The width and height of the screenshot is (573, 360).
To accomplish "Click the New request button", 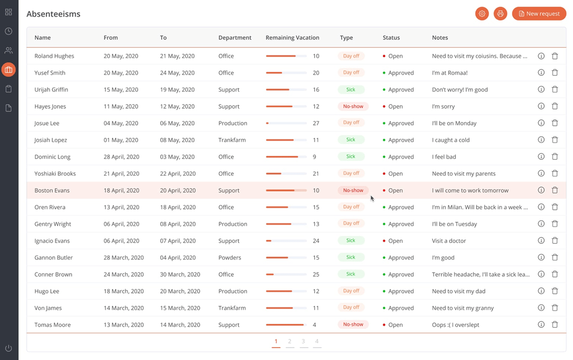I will [539, 14].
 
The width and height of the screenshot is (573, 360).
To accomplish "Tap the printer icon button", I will [500, 14].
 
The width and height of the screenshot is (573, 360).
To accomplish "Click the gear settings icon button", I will [482, 14].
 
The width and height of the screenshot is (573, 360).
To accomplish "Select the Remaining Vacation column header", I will [292, 38].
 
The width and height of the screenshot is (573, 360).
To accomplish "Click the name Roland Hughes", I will [54, 56].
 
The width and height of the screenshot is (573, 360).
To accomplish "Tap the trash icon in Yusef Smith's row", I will [555, 73].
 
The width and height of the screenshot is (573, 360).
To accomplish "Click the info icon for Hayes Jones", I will [541, 106].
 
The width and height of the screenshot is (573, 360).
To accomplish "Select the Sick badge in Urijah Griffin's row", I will [351, 90].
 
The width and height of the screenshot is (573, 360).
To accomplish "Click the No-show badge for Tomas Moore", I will [353, 325].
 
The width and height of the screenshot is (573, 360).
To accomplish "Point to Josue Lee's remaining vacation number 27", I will [316, 123].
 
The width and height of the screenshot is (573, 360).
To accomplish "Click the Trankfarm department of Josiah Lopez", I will [232, 140].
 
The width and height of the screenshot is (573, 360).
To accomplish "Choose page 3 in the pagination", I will [303, 341].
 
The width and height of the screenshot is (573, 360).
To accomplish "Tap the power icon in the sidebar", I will [9, 348].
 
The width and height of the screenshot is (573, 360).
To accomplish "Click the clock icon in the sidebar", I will [9, 31].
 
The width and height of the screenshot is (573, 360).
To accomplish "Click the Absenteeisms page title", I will [53, 14].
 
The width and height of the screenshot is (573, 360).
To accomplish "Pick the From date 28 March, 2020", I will [124, 258].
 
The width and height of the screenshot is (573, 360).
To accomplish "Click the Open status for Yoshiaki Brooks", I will [395, 174].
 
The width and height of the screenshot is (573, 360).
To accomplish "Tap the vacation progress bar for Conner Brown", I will [286, 275].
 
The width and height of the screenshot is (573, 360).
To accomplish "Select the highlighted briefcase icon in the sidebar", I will [9, 70].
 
